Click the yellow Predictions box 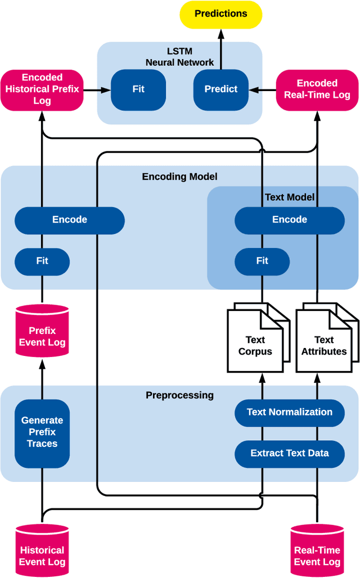coord(220,14)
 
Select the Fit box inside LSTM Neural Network coord(138,89)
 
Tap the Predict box coord(220,89)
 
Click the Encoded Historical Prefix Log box coord(42,89)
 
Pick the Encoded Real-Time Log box coord(317,89)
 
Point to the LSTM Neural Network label coord(179,57)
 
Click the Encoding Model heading coord(179,177)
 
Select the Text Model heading coord(290,197)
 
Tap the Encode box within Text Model coord(290,220)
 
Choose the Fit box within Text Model coord(262,261)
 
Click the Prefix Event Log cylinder coord(42,331)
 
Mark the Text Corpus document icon coord(255,341)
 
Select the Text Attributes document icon coord(324,341)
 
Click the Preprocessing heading coord(179,395)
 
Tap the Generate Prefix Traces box coord(42,432)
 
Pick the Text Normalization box coord(290,412)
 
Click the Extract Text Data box coord(290,453)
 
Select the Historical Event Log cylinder coord(42,551)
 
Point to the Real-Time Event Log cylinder coord(317,551)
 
